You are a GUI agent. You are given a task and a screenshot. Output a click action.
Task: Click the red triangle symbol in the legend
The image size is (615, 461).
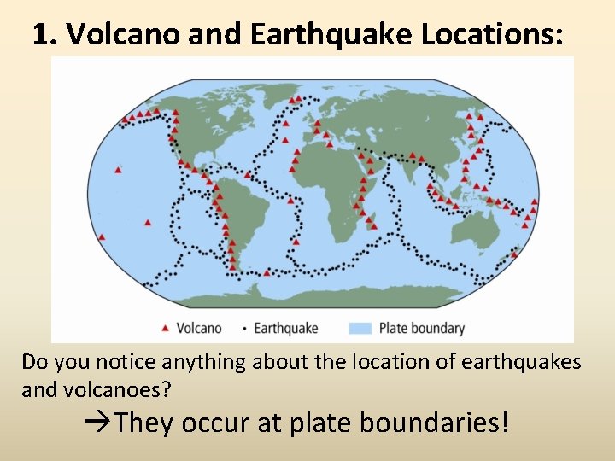pyautogui.click(x=166, y=328)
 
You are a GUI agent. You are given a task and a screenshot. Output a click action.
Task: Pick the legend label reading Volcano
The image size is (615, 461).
pyautogui.click(x=198, y=328)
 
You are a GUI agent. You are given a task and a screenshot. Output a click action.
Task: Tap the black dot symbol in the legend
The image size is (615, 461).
pyautogui.click(x=244, y=328)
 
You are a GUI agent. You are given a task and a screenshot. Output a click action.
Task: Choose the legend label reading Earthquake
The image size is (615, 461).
pyautogui.click(x=285, y=328)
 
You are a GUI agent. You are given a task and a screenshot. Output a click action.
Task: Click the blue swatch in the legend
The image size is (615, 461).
pyautogui.click(x=360, y=328)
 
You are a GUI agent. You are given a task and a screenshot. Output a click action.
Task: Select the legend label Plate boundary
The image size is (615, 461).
pyautogui.click(x=421, y=328)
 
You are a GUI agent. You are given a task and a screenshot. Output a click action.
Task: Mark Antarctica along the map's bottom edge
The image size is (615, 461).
pyautogui.click(x=342, y=295)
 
